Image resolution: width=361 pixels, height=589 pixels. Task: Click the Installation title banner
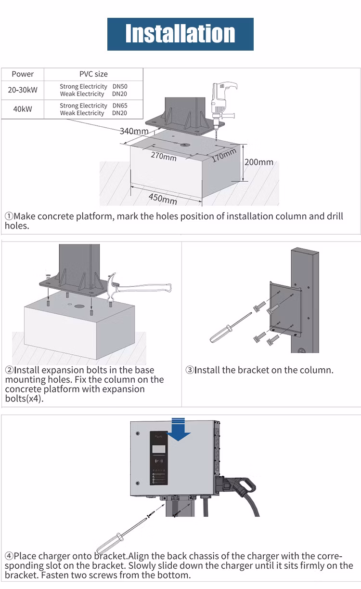pyautogui.click(x=180, y=34)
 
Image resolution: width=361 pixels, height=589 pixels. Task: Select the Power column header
pyautogui.click(x=23, y=74)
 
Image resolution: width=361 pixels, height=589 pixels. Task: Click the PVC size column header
pyautogui.click(x=93, y=74)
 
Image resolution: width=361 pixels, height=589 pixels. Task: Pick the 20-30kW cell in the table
pyautogui.click(x=23, y=90)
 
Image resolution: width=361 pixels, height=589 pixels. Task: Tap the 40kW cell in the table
pyautogui.click(x=23, y=109)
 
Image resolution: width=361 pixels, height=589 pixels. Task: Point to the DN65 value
pyautogui.click(x=120, y=106)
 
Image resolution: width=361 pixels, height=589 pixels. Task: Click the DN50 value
pyautogui.click(x=120, y=87)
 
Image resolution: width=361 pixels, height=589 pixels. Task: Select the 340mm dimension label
pyautogui.click(x=134, y=131)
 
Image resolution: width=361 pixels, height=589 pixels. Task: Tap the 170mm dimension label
pyautogui.click(x=224, y=156)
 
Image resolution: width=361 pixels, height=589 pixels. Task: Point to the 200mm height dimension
pyautogui.click(x=258, y=162)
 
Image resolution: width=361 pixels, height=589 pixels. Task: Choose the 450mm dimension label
pyautogui.click(x=162, y=198)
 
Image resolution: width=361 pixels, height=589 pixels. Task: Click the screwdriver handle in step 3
pyautogui.click(x=220, y=334)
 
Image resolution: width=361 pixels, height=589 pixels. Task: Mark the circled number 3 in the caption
pyautogui.click(x=190, y=370)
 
